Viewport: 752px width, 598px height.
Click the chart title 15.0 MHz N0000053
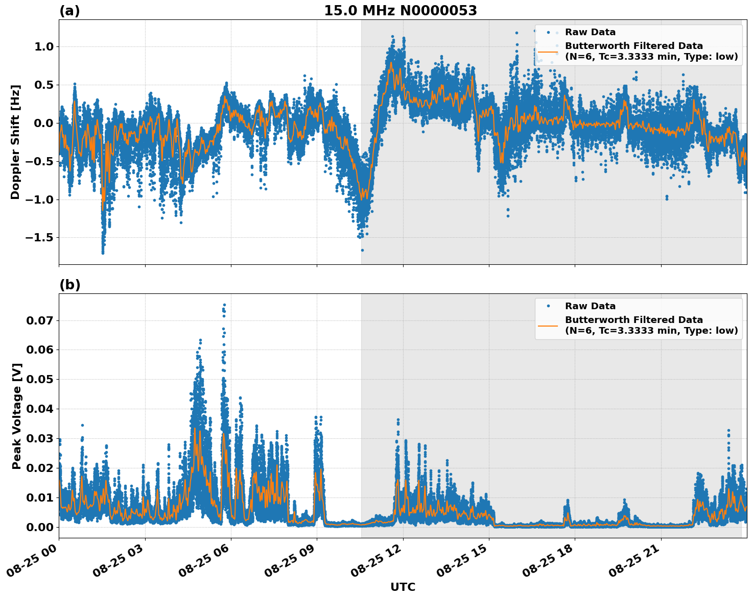[x=400, y=11]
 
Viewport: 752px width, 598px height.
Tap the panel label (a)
[x=69, y=11]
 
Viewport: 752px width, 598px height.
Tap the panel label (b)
[x=69, y=285]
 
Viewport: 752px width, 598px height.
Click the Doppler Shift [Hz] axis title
[x=15, y=142]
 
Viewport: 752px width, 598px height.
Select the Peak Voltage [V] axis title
[x=17, y=416]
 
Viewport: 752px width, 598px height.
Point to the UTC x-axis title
[x=403, y=587]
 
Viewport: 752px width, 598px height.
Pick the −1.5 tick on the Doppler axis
[x=38, y=238]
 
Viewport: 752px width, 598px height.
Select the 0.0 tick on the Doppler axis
[x=43, y=123]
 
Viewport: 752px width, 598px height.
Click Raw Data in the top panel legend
[x=590, y=32]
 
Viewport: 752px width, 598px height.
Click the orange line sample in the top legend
[x=548, y=52]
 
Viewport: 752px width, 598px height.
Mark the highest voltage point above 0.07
[x=224, y=305]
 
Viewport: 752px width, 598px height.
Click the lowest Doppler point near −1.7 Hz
[x=103, y=253]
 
